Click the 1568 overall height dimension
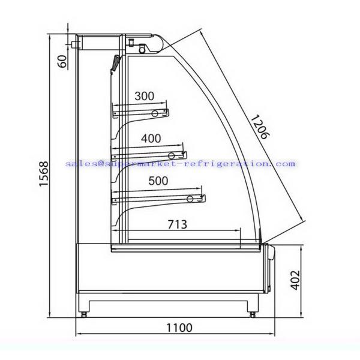[x=44, y=173]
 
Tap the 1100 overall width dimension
[x=179, y=328]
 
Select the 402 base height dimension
[x=295, y=280]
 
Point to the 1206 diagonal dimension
[x=260, y=127]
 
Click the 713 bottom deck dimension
[x=177, y=224]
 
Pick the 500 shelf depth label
[x=158, y=181]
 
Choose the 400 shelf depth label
[x=151, y=139]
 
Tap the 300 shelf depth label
[x=144, y=96]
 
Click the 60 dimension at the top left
[x=62, y=61]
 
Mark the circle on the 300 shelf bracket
[x=155, y=113]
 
